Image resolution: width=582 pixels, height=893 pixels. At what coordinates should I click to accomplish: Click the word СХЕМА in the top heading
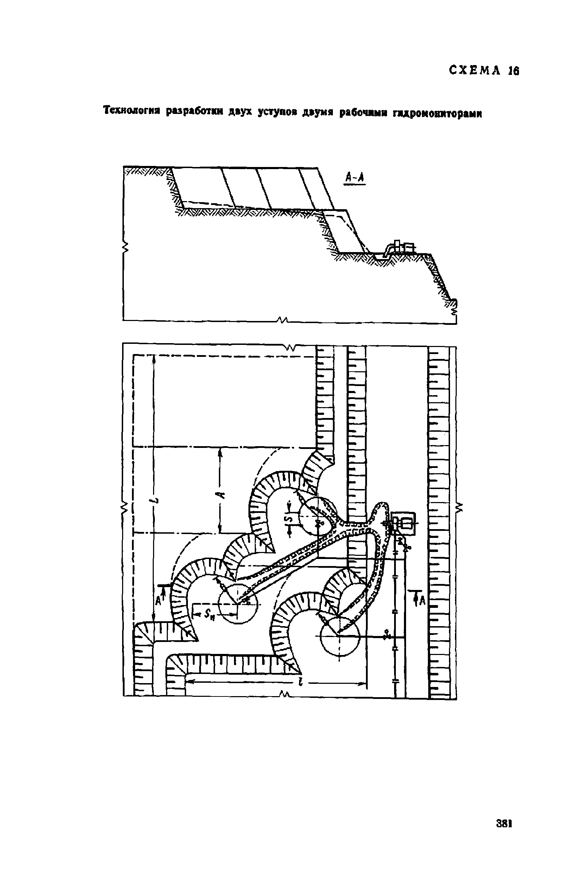click(x=474, y=70)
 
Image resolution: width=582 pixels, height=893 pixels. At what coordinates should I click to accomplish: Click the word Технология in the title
click(x=132, y=111)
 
